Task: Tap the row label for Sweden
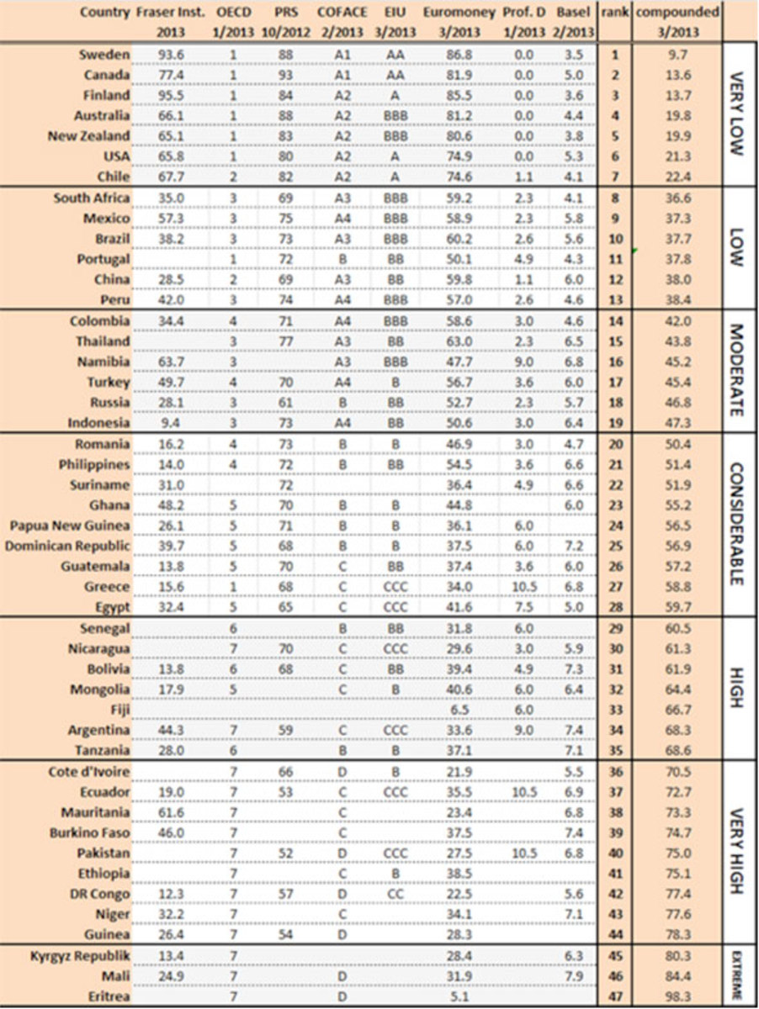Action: [105, 55]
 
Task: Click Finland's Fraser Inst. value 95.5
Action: [173, 95]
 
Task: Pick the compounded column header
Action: [677, 13]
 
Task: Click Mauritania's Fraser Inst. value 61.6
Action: [173, 811]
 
